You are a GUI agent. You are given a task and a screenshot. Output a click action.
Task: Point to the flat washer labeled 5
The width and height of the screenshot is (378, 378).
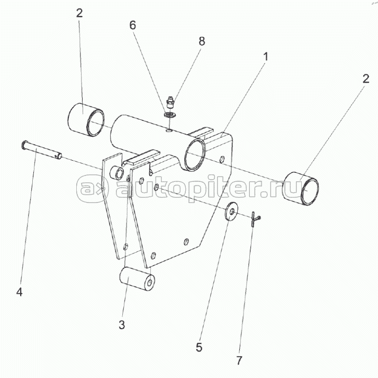click(x=231, y=212)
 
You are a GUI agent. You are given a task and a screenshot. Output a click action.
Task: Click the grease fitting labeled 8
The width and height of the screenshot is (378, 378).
click(x=170, y=101)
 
